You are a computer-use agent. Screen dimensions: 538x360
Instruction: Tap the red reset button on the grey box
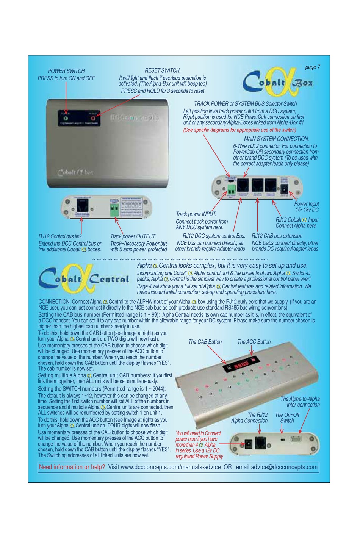tap(92, 118)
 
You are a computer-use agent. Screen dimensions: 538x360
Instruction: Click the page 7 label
tap(312, 67)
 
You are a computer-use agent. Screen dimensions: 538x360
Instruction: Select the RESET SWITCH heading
tap(163, 70)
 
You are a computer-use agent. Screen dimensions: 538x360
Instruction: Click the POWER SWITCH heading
tap(66, 71)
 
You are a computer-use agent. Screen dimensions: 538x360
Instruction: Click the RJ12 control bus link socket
tap(82, 206)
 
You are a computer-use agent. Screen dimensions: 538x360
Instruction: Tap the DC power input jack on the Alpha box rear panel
tap(284, 187)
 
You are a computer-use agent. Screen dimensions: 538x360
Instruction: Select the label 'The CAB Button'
tap(205, 342)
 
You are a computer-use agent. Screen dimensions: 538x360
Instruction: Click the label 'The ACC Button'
tap(254, 342)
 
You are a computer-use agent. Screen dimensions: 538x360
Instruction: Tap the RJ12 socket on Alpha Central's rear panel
tap(261, 443)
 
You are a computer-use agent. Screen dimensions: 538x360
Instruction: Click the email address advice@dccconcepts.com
tap(284, 467)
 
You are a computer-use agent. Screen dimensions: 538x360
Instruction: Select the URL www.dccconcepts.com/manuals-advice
tap(164, 467)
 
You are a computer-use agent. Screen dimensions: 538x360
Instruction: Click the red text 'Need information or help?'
tap(72, 467)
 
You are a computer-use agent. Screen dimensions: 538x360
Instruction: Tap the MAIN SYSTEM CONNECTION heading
tap(276, 139)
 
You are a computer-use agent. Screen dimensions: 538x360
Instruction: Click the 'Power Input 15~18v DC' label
tap(307, 206)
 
